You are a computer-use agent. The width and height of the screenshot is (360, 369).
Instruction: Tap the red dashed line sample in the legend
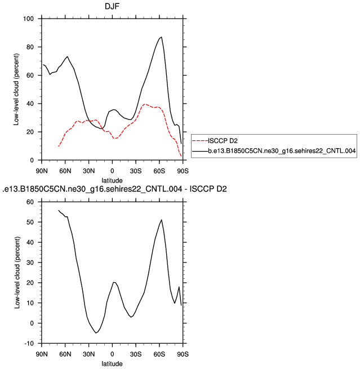click(x=200, y=140)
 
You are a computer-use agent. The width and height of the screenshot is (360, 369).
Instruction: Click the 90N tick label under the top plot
click(x=42, y=170)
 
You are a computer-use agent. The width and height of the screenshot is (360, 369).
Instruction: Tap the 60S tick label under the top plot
click(x=159, y=170)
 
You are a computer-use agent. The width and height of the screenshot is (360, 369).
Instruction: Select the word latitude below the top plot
click(x=112, y=179)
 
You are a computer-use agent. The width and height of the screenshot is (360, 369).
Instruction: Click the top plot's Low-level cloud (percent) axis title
click(x=17, y=90)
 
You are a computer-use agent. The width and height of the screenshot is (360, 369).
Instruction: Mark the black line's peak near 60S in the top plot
click(x=162, y=37)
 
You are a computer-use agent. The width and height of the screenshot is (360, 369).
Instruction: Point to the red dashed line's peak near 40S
click(x=145, y=104)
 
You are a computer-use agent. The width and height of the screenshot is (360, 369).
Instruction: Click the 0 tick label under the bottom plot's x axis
click(x=112, y=354)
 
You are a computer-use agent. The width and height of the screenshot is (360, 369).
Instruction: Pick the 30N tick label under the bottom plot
click(x=88, y=354)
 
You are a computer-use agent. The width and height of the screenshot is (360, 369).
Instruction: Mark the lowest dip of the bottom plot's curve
click(x=96, y=333)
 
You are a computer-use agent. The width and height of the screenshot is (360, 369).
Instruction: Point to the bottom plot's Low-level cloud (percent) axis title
click(x=17, y=273)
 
